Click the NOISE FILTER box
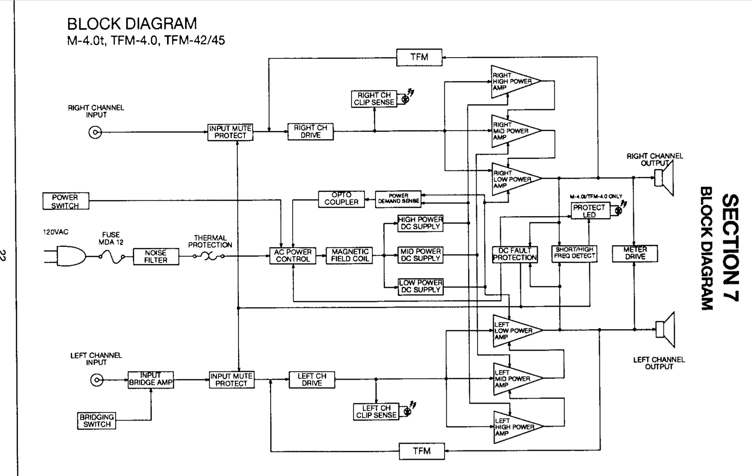(156, 257)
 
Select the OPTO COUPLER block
(341, 199)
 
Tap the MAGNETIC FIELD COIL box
(349, 256)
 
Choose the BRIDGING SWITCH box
(97, 421)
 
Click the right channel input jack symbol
(95, 133)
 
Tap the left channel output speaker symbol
(665, 330)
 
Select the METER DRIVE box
(635, 254)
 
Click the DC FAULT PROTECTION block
(515, 254)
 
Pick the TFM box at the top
(419, 58)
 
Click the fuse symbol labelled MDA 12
(111, 257)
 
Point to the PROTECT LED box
(590, 211)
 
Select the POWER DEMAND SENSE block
(398, 199)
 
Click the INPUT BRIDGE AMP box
(151, 380)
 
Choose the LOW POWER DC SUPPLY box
(420, 287)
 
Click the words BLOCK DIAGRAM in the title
(132, 24)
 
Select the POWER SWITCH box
(65, 201)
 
